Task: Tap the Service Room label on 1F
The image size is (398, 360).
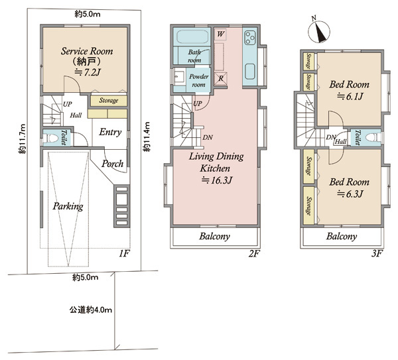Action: pos(87,51)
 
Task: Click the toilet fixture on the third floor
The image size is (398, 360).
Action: pos(373,138)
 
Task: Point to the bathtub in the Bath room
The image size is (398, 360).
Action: pos(192,37)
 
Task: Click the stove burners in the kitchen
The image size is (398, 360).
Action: pos(250,38)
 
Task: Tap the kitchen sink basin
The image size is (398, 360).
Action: pos(250,72)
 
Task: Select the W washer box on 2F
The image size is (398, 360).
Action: pos(220,34)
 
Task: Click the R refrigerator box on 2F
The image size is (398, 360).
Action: pos(221,78)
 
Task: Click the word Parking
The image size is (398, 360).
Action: pos(68,206)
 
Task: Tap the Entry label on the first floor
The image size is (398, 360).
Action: pos(110,132)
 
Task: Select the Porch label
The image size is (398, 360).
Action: pos(113,164)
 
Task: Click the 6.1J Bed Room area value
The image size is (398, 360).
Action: pos(350,96)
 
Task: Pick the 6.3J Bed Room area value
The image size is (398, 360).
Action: pos(350,194)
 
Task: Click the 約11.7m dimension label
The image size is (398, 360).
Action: pos(23,139)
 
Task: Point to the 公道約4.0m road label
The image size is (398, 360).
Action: pos(91,310)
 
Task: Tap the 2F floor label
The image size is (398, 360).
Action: pos(254,253)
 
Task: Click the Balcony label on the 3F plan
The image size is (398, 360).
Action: pos(342,237)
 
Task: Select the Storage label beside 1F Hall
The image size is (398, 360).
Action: pos(109,101)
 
